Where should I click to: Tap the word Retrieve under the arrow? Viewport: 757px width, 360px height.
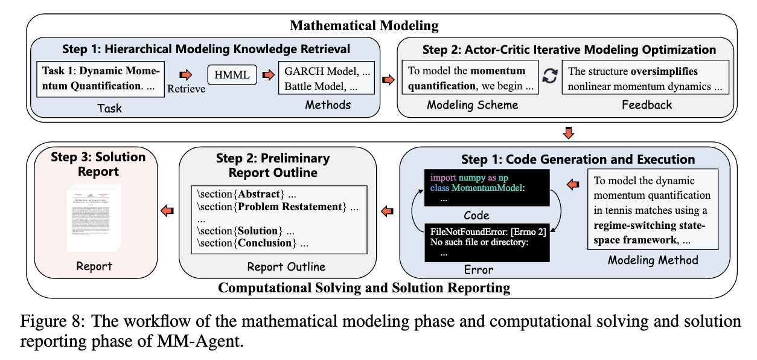[x=186, y=89]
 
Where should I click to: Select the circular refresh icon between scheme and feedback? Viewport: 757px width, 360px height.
[x=549, y=77]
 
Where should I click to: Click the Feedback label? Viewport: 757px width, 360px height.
[x=647, y=104]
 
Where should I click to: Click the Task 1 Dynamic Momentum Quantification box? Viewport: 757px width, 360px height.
[x=101, y=78]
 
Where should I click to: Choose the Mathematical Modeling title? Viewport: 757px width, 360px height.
[x=364, y=25]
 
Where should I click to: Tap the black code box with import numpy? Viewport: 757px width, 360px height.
[x=487, y=186]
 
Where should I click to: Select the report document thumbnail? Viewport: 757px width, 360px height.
[x=94, y=220]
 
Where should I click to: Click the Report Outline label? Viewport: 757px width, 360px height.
[x=286, y=266]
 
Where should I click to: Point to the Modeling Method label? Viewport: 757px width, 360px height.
[x=653, y=260]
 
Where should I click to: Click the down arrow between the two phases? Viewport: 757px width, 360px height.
[x=568, y=132]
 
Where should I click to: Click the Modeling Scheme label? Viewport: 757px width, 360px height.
[x=473, y=104]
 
